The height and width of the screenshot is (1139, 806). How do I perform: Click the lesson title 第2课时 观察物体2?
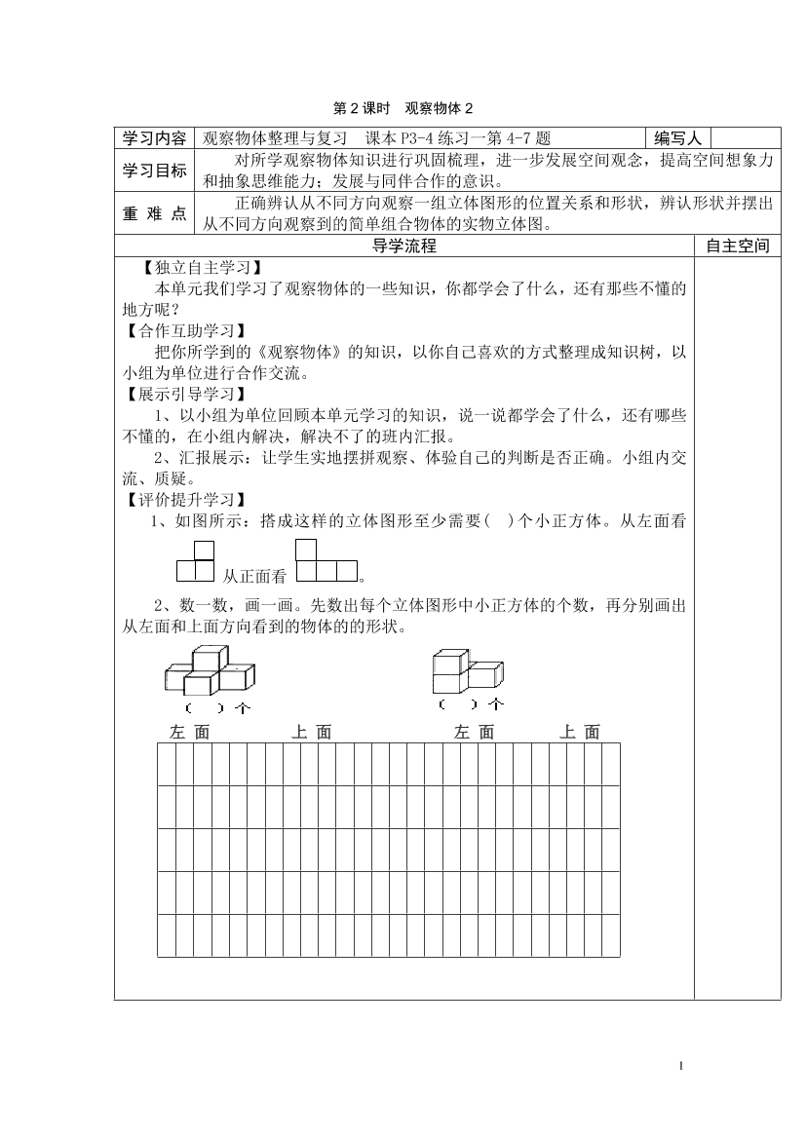point(403,108)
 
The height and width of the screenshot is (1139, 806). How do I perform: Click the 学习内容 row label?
point(154,137)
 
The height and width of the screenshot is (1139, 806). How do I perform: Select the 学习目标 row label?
point(154,171)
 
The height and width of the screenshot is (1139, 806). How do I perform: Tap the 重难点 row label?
point(154,214)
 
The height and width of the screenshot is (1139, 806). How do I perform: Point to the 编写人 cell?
point(677,137)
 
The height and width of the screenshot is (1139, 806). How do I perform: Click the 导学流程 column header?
point(404,247)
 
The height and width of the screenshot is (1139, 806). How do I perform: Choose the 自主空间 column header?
point(738,247)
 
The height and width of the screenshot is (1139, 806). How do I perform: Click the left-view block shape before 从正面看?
point(195,562)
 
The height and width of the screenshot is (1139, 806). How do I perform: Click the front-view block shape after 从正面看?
point(326,562)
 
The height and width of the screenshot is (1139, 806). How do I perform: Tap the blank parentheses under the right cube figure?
point(458,703)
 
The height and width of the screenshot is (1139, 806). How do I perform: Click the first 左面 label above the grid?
point(189,733)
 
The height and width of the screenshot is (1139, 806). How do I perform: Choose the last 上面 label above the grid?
point(580,733)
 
